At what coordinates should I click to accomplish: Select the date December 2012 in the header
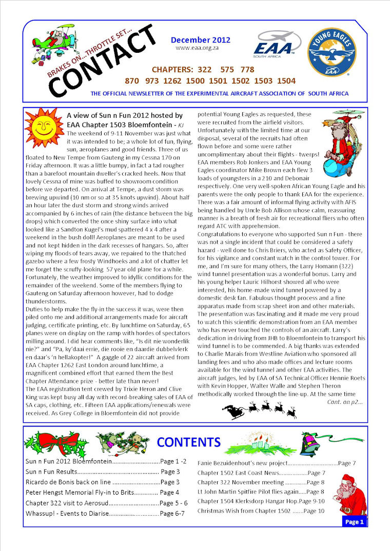coord(201,40)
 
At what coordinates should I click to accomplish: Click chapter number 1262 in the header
coord(196,80)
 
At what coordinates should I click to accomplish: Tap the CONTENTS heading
coord(188,442)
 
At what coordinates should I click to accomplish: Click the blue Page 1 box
coord(354,522)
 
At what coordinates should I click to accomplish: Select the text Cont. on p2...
coord(344,401)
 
